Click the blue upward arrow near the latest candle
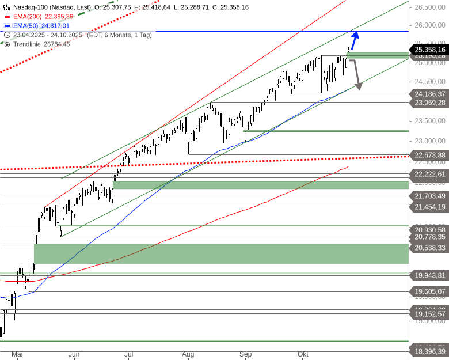354,40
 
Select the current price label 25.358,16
429,50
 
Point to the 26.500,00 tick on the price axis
429,7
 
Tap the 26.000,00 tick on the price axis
429,25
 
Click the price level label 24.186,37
429,94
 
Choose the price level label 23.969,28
429,103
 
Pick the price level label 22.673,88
429,156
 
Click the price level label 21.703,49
429,196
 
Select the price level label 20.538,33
429,248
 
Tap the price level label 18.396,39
429,351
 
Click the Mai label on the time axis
17,354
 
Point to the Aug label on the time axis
188,354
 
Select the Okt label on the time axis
303,354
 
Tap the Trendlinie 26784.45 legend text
41,44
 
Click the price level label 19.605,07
429,292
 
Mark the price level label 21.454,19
429,207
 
